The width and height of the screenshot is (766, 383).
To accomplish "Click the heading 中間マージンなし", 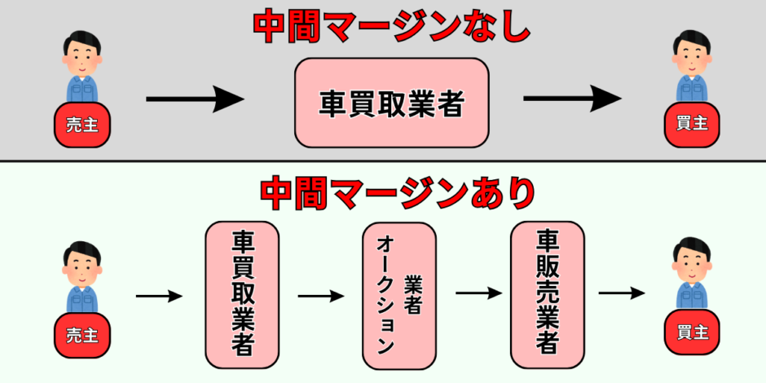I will click(391, 28).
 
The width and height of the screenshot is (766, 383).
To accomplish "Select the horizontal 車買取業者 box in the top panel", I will click(391, 103).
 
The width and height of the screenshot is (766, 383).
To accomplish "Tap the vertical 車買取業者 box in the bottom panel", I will click(242, 294).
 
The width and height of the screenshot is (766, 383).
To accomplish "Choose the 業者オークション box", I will click(398, 294).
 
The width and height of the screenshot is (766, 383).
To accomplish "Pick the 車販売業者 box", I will click(547, 294).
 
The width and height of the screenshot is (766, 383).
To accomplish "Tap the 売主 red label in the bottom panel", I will click(81, 335).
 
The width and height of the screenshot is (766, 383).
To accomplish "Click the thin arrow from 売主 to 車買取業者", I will click(159, 296).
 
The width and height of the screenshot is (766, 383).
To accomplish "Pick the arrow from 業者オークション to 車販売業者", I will click(477, 293).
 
